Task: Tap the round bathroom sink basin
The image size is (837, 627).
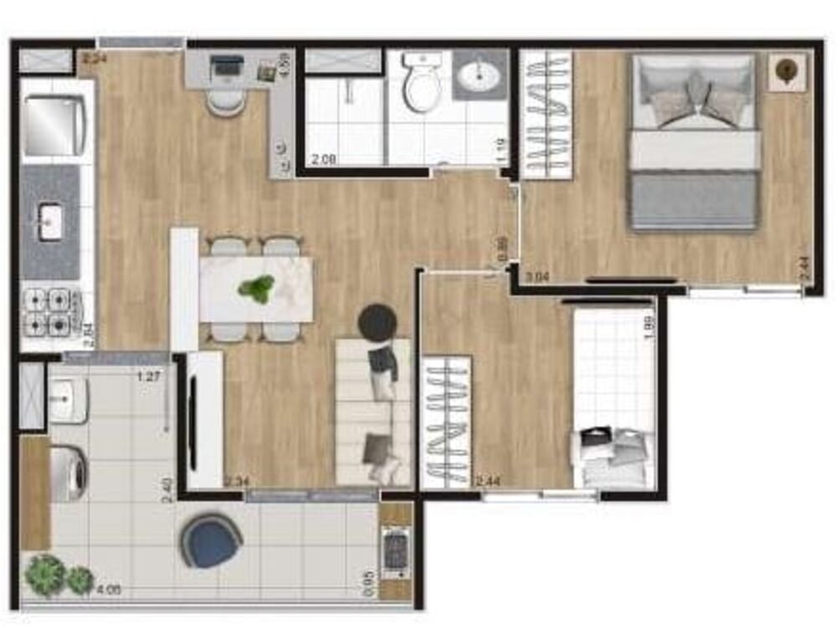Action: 480,78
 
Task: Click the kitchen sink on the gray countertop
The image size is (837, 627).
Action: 51,222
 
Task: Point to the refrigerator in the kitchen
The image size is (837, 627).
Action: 55,126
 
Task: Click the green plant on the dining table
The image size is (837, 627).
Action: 256,289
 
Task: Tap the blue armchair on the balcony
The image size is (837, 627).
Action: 212,541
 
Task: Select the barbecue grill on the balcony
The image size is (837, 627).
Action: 394,552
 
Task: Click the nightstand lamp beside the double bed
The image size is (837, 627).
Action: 787,71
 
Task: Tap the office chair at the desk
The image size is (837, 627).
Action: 225,101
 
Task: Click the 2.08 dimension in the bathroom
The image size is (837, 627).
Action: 325,158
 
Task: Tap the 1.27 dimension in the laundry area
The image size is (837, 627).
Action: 148,376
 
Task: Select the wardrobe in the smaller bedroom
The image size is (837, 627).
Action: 445,424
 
